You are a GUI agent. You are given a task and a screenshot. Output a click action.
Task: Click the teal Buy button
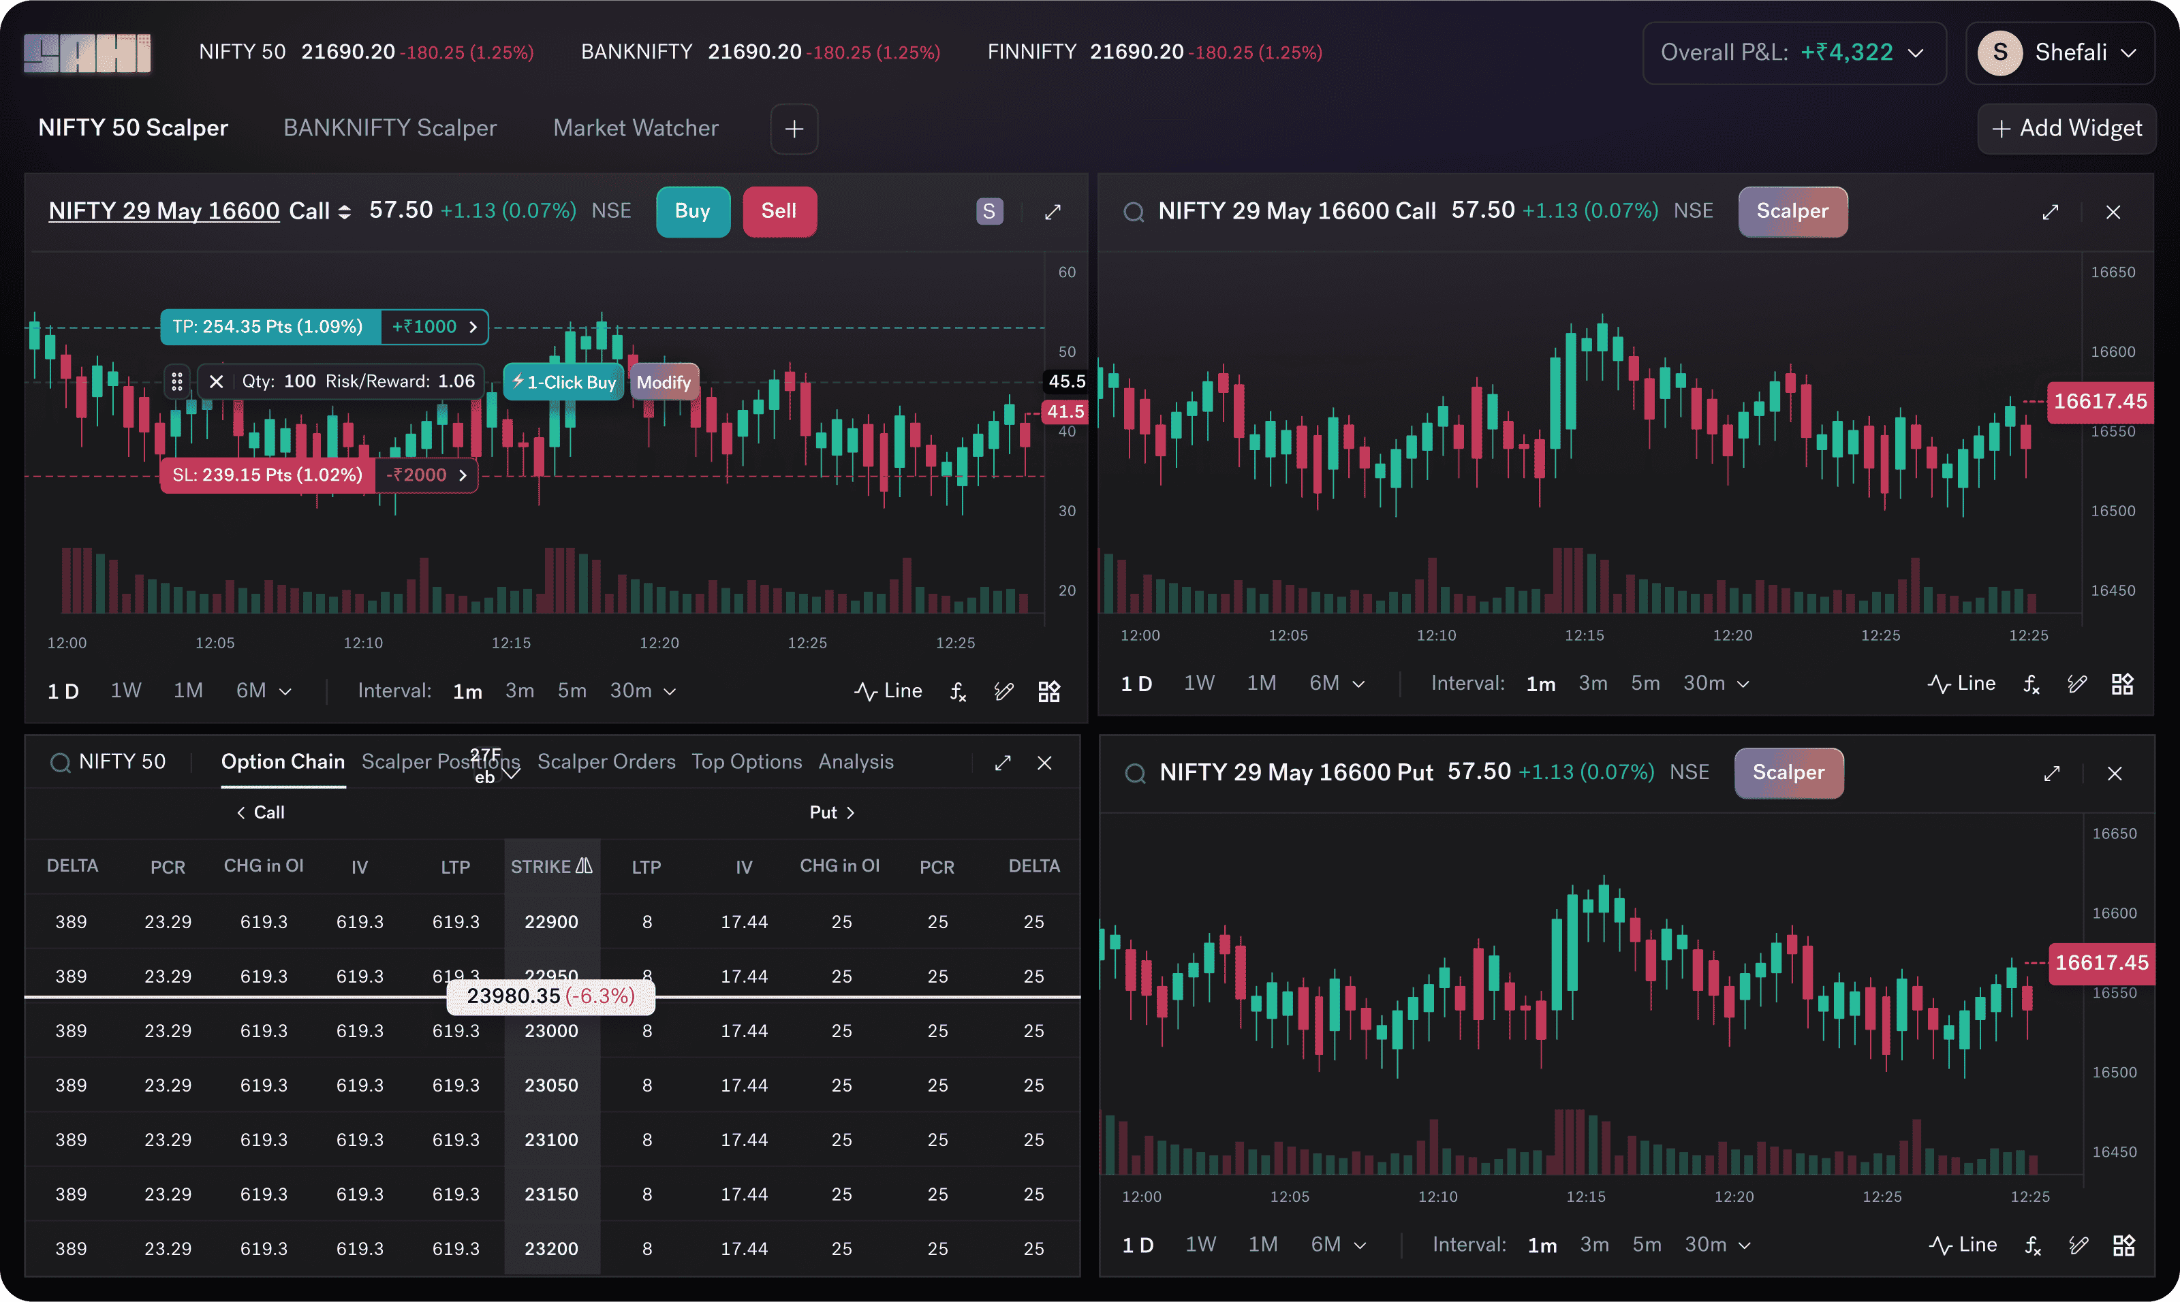coord(692,212)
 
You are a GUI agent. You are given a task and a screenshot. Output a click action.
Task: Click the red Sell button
coord(779,212)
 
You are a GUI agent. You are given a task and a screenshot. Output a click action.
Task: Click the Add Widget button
coord(2067,128)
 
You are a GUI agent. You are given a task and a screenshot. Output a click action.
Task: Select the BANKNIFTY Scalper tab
coord(390,128)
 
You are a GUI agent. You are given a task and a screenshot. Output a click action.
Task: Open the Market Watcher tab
coord(636,128)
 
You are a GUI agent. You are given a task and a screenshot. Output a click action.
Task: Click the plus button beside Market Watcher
coord(794,129)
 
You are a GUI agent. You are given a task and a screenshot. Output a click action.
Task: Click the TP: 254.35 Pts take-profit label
coord(268,326)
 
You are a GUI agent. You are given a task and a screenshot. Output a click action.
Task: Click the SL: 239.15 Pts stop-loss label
coord(268,475)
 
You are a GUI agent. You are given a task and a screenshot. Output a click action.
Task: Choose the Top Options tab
coord(746,761)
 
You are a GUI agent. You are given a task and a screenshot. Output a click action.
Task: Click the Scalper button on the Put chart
coord(1788,772)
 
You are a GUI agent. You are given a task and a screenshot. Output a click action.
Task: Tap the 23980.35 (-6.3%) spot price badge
coord(550,996)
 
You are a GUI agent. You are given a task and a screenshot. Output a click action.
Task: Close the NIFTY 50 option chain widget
coord(1044,763)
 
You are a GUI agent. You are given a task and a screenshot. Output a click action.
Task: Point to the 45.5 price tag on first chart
coord(1066,381)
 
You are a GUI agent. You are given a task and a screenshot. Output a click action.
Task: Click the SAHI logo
coord(87,52)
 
